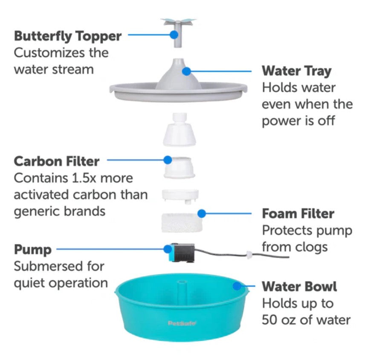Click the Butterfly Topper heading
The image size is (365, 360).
coord(68,37)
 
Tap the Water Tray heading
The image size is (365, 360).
coord(297,71)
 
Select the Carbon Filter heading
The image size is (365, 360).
coord(57,161)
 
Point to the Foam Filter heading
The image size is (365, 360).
coord(298,214)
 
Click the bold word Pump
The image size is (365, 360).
coord(33,250)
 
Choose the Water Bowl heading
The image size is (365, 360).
coord(299,286)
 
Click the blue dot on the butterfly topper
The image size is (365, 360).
coord(174,35)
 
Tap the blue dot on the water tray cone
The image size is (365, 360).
coord(186,71)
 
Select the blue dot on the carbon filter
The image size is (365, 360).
coord(168,160)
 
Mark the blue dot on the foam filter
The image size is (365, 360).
coord(202,213)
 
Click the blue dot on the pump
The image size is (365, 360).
coord(168,249)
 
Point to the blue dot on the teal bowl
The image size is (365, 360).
coord(237,286)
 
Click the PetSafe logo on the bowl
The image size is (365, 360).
coord(182,323)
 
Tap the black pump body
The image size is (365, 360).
coord(184,253)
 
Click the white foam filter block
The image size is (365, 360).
coord(182,223)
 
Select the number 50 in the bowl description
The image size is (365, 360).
coord(270,320)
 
